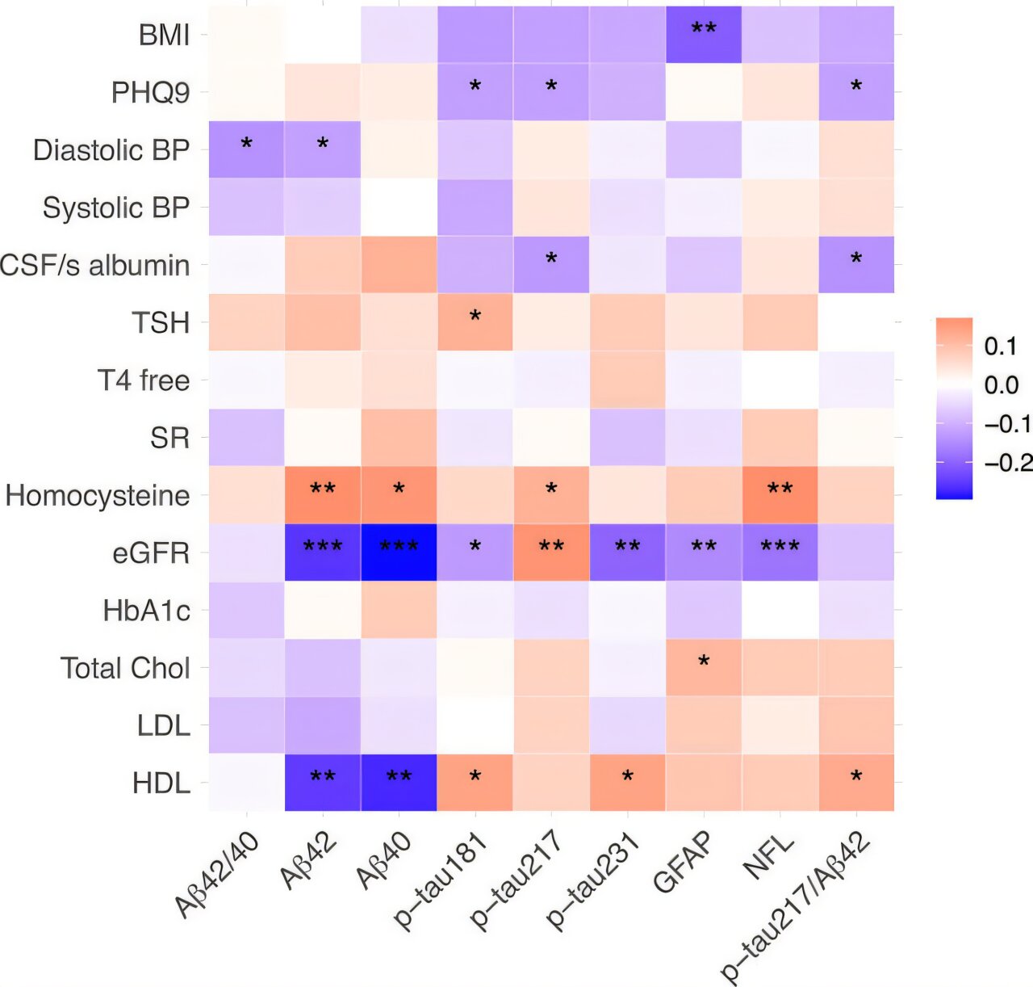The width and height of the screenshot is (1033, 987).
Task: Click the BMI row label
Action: pyautogui.click(x=164, y=36)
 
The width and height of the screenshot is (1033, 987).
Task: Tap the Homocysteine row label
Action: pyautogui.click(x=98, y=495)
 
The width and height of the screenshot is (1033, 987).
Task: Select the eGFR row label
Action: pyautogui.click(x=151, y=553)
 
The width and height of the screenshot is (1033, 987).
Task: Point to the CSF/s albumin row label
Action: pyautogui.click(x=94, y=266)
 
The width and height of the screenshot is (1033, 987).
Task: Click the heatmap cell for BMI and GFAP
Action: pyautogui.click(x=704, y=35)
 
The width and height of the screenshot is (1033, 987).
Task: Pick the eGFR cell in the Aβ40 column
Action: pyautogui.click(x=399, y=552)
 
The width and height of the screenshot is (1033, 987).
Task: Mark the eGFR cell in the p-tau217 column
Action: pyautogui.click(x=551, y=552)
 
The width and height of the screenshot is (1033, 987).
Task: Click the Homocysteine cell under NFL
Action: pyautogui.click(x=780, y=494)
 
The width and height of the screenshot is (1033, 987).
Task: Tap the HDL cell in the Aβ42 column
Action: pyautogui.click(x=323, y=782)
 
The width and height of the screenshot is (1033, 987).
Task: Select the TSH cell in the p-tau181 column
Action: pyautogui.click(x=475, y=322)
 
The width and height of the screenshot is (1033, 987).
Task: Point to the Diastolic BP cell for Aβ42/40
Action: pyautogui.click(x=247, y=149)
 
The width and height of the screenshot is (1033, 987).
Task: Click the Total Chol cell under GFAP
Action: pyautogui.click(x=704, y=667)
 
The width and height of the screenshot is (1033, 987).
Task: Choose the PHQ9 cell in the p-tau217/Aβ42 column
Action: pyautogui.click(x=856, y=92)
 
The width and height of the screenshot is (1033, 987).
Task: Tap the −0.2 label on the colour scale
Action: pyautogui.click(x=1008, y=463)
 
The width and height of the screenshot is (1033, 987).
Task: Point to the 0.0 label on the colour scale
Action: pyautogui.click(x=1001, y=385)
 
